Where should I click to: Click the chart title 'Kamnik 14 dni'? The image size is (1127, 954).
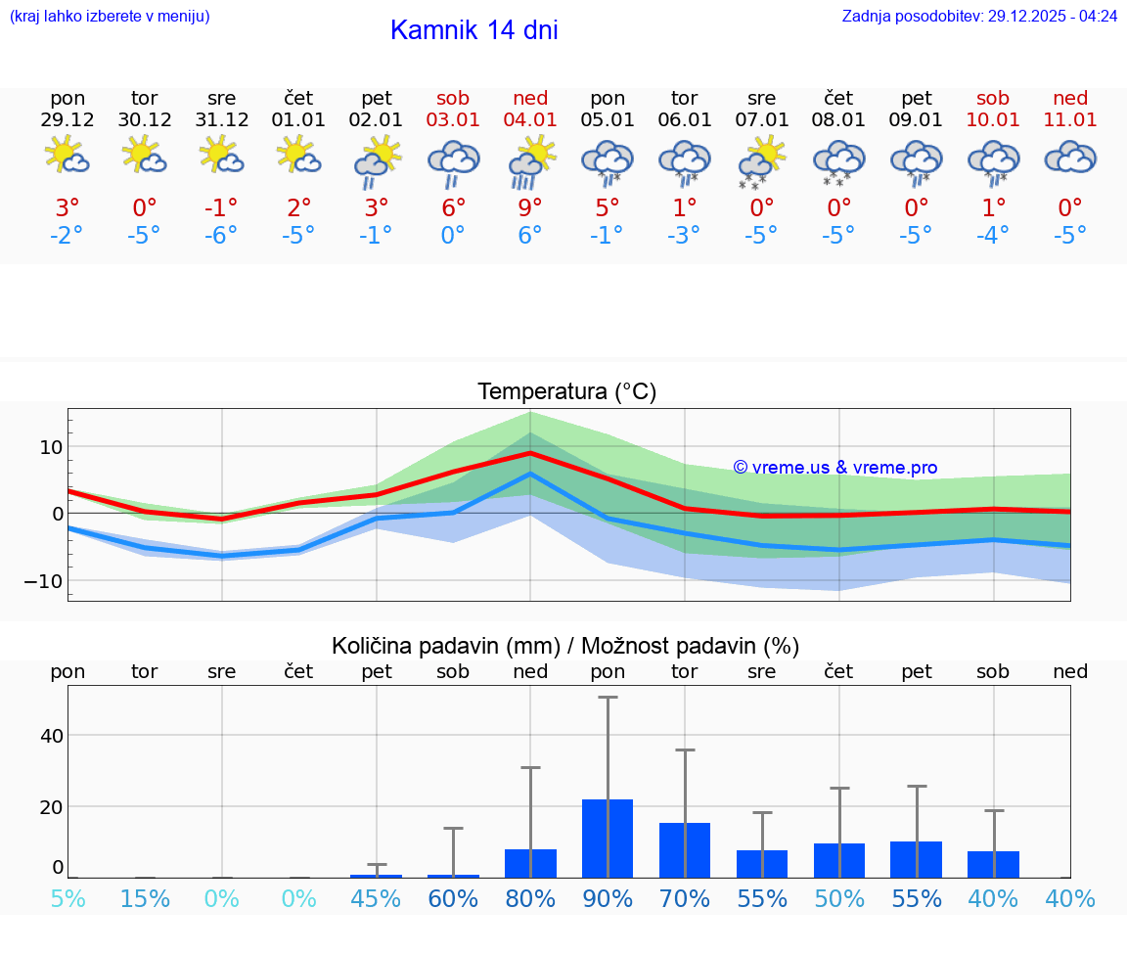tap(473, 30)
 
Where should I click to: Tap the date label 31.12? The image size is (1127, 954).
tap(222, 120)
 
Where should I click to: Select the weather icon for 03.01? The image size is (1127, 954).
tap(453, 160)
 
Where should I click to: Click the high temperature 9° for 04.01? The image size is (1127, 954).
tap(530, 207)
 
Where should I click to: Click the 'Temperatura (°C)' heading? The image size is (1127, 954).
tap(566, 392)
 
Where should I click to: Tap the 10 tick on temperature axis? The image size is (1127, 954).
tap(51, 447)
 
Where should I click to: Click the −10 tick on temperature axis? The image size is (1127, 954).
tap(44, 580)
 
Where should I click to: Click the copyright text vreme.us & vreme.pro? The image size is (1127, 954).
tap(834, 468)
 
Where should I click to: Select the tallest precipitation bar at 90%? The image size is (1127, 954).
tap(608, 838)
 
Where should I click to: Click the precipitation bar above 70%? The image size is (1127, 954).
tap(685, 849)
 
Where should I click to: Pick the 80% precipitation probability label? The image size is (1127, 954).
tap(530, 898)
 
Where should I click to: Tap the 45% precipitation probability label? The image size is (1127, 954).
tap(377, 898)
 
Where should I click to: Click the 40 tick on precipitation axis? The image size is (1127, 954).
tap(51, 735)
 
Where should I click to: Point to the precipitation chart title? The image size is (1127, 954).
tap(565, 646)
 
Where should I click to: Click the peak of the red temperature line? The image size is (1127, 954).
tap(530, 453)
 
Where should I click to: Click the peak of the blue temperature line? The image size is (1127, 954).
tap(530, 474)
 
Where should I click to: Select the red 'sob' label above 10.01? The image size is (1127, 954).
tap(993, 98)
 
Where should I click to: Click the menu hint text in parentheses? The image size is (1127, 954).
tap(110, 16)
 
